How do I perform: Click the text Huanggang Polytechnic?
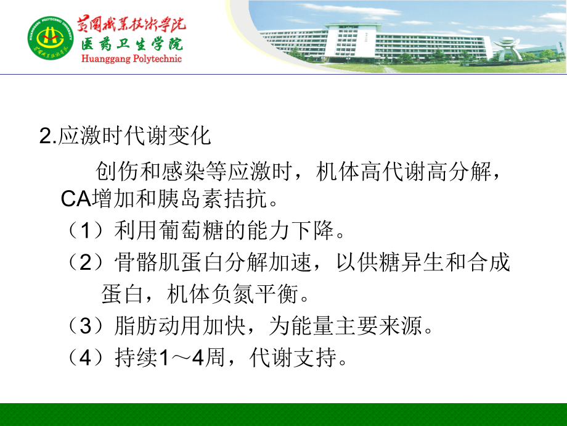pyautogui.click(x=131, y=59)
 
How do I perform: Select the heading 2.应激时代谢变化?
pyautogui.click(x=125, y=136)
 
